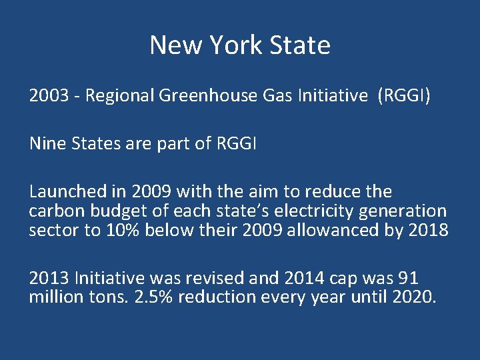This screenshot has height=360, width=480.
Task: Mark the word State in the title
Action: tap(299, 46)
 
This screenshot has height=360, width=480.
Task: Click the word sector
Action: tap(48, 231)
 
